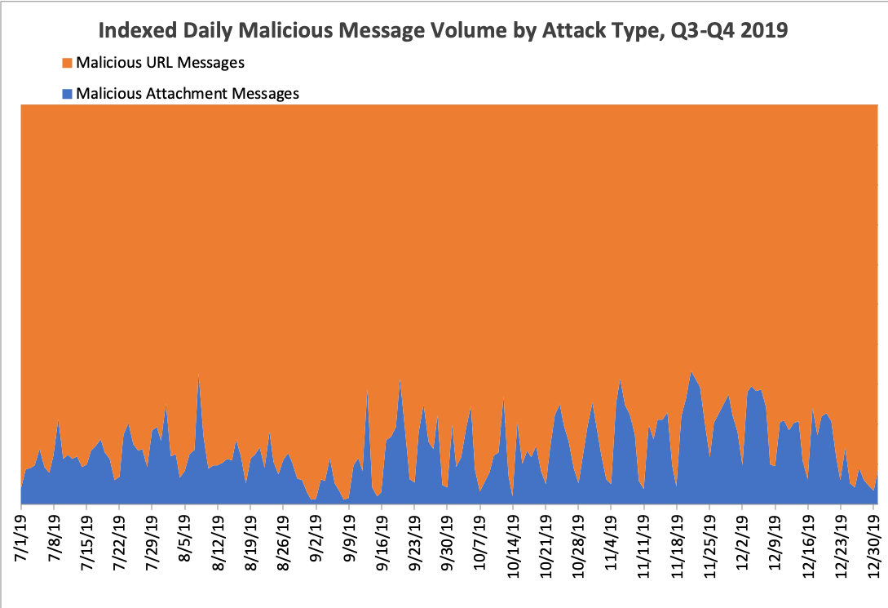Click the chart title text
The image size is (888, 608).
(x=443, y=30)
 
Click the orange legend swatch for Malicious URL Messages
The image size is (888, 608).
(x=68, y=63)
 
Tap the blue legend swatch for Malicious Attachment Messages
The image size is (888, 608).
(x=68, y=94)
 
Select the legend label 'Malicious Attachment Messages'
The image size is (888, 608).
(x=188, y=94)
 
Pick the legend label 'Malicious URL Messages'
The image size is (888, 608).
(x=161, y=63)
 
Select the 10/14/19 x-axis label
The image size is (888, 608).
(x=513, y=545)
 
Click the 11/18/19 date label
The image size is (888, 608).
(x=677, y=545)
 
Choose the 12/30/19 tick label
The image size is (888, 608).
(x=873, y=545)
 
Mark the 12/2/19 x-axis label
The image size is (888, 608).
(x=743, y=541)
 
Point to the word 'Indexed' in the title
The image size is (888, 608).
(x=138, y=30)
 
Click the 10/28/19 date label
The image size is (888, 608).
(x=578, y=545)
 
